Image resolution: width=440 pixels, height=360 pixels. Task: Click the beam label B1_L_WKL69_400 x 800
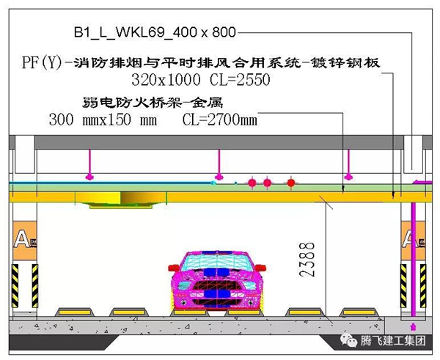[x=155, y=32]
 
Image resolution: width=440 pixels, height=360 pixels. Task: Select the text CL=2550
[x=240, y=80]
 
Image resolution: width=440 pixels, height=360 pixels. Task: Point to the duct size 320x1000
[x=166, y=80]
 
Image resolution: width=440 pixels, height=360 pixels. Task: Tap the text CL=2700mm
[x=220, y=120]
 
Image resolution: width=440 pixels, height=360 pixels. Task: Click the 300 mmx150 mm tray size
[x=103, y=120]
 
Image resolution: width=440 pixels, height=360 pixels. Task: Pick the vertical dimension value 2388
[x=307, y=260]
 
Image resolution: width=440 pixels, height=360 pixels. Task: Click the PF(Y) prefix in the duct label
[x=42, y=62]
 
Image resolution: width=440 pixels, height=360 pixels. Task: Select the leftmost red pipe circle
[x=252, y=183]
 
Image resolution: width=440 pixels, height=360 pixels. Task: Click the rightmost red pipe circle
[x=291, y=183]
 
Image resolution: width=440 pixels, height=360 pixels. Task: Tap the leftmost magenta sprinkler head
[x=89, y=177]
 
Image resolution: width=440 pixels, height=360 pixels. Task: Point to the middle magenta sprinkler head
[x=219, y=177]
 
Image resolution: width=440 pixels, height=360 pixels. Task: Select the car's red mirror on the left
[x=174, y=268]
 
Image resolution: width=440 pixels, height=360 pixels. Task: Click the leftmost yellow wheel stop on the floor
[x=75, y=312]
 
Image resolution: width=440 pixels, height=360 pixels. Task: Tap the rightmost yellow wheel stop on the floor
[x=359, y=312]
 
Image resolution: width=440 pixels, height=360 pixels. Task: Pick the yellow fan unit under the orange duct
[x=121, y=199]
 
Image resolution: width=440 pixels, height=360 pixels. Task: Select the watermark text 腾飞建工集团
[x=393, y=341]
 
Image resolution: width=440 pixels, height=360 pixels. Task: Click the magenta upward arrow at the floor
[x=413, y=327]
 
